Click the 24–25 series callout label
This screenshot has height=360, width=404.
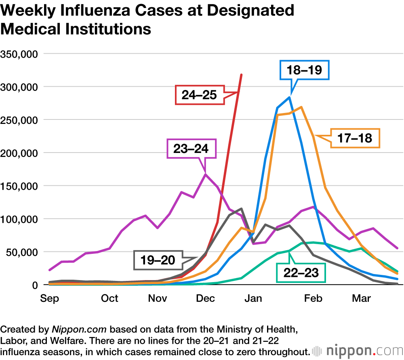[x=199, y=95]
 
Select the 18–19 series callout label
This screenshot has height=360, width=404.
[x=305, y=70]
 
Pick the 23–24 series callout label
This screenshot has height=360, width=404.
[x=191, y=149]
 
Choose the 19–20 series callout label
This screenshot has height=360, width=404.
[x=158, y=260]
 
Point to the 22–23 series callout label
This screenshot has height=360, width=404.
[x=301, y=272]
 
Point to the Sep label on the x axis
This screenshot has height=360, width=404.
[x=50, y=299]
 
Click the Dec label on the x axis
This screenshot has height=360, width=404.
[x=205, y=299]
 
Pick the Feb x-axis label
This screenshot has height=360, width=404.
[x=313, y=299]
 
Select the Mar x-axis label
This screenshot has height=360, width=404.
[x=362, y=299]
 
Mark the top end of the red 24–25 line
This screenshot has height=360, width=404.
[x=241, y=74]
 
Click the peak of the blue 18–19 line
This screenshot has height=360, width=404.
[x=289, y=97]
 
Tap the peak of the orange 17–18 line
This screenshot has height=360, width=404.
[x=301, y=107]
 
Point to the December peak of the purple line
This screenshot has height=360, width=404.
[x=206, y=174]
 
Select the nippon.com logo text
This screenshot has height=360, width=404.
[x=362, y=350]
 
